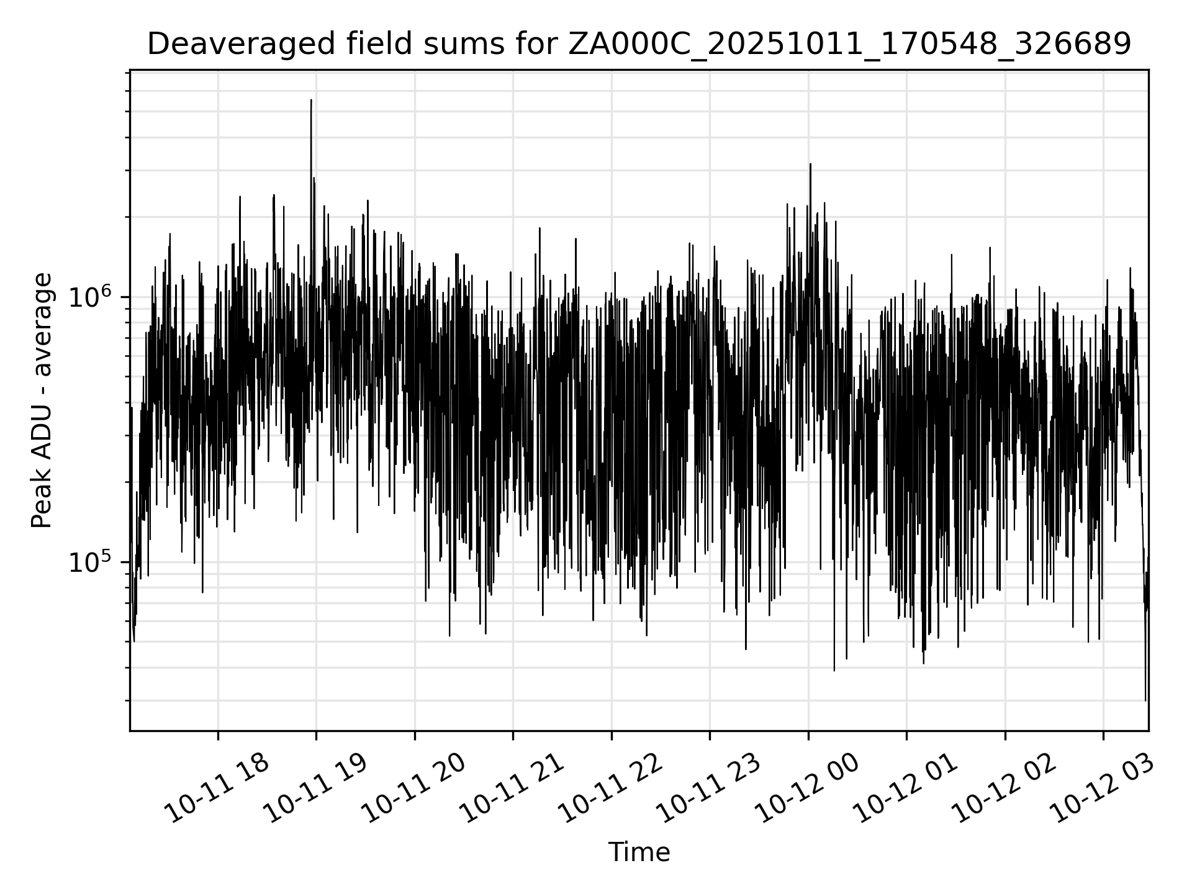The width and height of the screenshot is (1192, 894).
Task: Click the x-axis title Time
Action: point(639,852)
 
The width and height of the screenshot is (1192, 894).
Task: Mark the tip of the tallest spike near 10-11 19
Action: point(311,99)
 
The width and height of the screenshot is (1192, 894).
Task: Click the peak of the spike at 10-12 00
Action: point(810,164)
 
